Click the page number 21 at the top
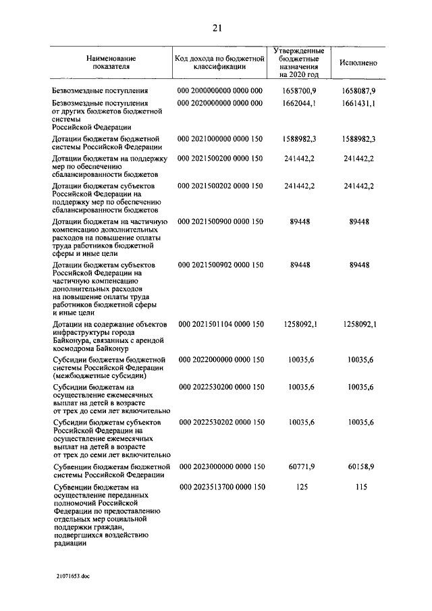pos(216,28)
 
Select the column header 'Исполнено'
pos(358,63)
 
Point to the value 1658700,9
pos(300,90)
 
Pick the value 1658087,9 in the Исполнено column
pos(358,90)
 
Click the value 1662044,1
pos(300,103)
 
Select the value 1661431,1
pos(358,103)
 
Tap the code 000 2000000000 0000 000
pos(219,90)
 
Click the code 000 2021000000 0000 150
pos(219,138)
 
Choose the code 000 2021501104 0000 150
pos(219,325)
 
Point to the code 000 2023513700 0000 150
pos(219,487)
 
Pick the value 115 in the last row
pos(360,487)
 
